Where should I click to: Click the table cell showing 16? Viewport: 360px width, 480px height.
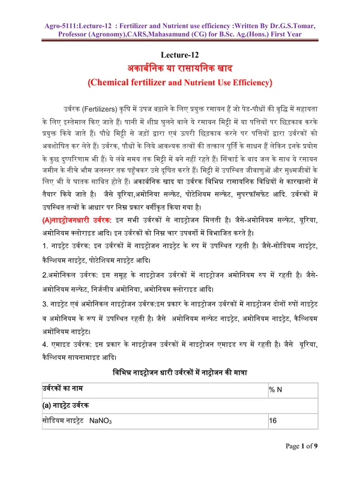pyautogui.click(x=273, y=421)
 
